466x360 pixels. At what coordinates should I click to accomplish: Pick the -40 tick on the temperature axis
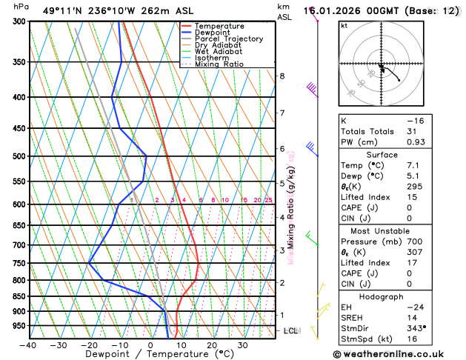tap(29, 345)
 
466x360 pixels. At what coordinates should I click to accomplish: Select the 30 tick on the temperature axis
tap(242, 345)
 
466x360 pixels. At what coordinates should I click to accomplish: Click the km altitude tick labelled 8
tap(282, 76)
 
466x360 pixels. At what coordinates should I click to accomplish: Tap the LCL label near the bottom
tap(291, 330)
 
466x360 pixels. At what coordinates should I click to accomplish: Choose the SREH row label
tap(354, 316)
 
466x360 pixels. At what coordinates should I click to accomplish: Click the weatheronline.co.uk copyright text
tap(397, 354)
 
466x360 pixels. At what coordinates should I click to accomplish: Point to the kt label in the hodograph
tap(344, 25)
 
